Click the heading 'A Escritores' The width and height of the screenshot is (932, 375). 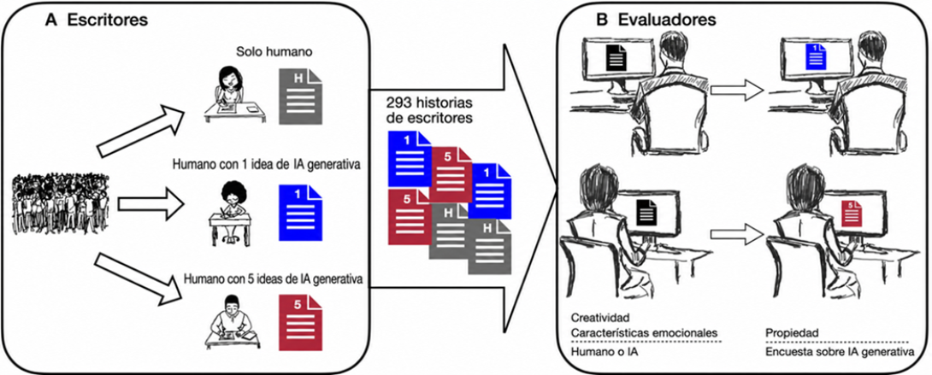click(x=97, y=20)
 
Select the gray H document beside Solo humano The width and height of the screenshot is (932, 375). click(x=301, y=96)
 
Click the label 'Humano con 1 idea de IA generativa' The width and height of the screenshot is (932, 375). click(x=264, y=164)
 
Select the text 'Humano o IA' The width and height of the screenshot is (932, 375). click(x=599, y=352)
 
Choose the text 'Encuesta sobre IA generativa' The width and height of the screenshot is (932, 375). click(x=838, y=352)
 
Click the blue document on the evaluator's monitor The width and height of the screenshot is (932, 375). click(x=812, y=58)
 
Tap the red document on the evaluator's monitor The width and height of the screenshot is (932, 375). click(x=849, y=213)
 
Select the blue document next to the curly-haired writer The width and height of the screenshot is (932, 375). click(x=301, y=213)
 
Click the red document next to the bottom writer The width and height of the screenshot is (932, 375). click(x=301, y=323)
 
